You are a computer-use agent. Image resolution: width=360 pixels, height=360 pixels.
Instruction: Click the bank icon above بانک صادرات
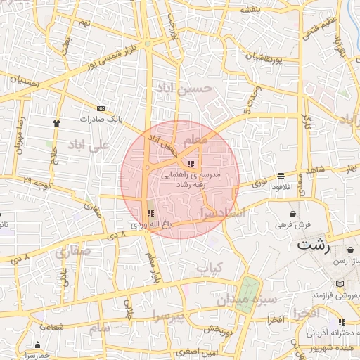[101, 109]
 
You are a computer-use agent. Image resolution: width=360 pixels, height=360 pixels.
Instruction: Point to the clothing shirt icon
[56, 122]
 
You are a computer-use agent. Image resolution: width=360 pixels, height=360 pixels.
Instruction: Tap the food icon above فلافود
[281, 176]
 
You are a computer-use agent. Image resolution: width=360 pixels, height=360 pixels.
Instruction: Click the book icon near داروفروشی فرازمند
[340, 283]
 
